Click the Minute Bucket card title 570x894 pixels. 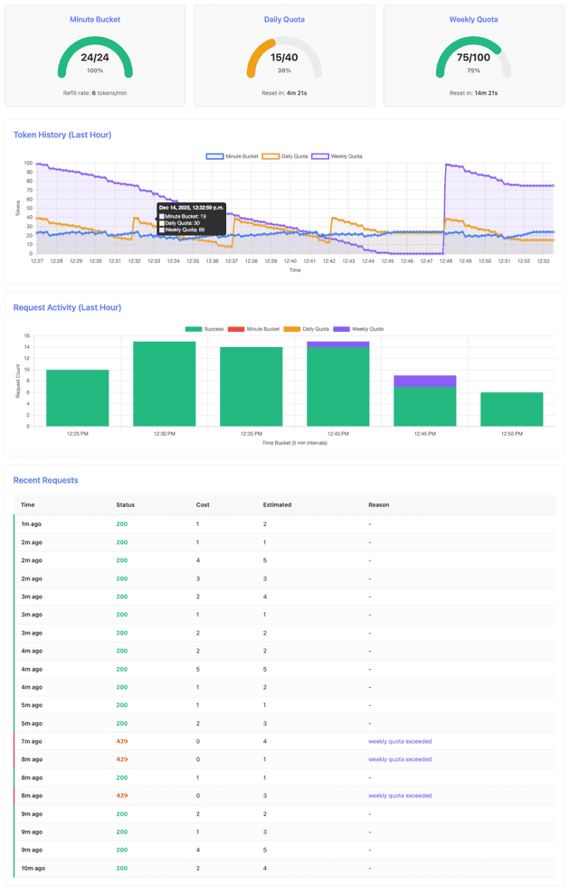(x=95, y=19)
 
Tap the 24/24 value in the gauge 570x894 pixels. (x=95, y=58)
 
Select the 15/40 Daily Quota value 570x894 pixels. (x=284, y=58)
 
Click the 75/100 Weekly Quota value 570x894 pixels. (x=473, y=58)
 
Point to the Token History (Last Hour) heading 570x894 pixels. (x=62, y=135)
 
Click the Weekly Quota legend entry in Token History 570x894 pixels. (x=337, y=156)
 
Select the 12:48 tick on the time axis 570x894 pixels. (x=445, y=261)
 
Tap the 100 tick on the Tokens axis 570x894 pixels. (x=29, y=164)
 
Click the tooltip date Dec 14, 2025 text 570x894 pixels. (x=191, y=208)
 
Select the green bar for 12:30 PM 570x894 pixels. (x=165, y=383)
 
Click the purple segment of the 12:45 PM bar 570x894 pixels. (x=424, y=381)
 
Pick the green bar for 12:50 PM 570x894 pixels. (x=511, y=409)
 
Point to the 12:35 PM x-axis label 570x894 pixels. (x=252, y=434)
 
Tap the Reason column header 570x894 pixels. (x=378, y=504)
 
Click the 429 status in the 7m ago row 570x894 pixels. (x=122, y=741)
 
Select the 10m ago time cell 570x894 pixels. (x=33, y=868)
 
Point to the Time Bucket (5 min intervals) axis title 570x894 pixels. (x=295, y=443)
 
